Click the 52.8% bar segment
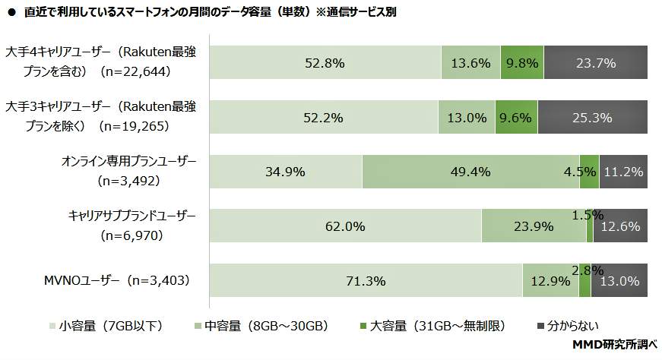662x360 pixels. click(x=325, y=63)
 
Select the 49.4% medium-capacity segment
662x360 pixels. click(x=470, y=172)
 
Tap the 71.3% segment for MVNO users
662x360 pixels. click(x=366, y=281)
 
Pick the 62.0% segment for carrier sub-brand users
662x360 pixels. click(x=345, y=226)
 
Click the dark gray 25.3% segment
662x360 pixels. click(x=592, y=118)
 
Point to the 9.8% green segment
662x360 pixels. click(x=521, y=63)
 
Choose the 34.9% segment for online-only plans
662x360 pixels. click(x=286, y=172)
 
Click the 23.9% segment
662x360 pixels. click(x=534, y=226)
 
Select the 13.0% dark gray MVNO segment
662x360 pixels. click(x=619, y=281)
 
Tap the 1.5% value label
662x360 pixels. click(x=588, y=215)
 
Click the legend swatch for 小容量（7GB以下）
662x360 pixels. click(x=52, y=326)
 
